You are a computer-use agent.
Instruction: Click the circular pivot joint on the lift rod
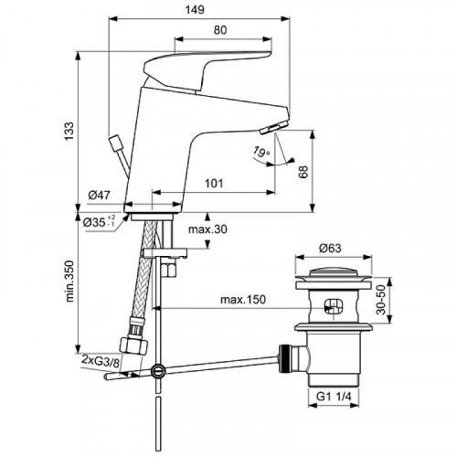point(160,370)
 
